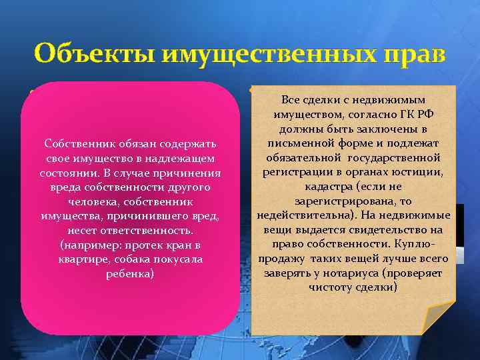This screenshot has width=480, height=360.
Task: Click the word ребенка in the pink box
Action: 130,273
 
